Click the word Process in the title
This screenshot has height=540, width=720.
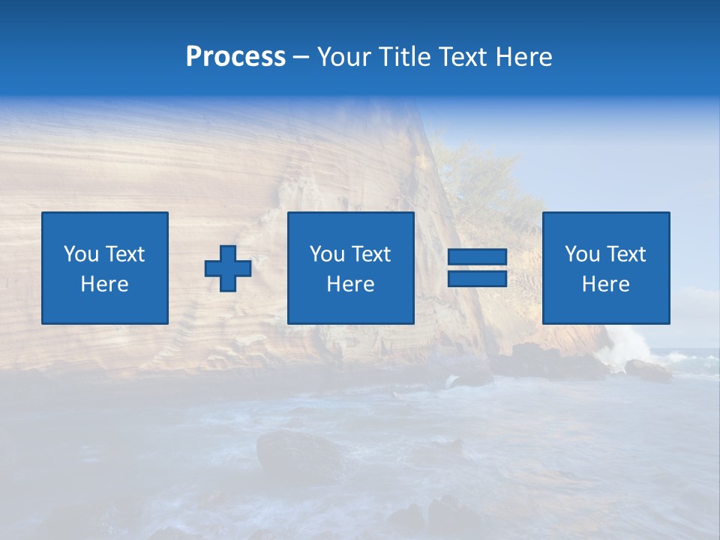coord(235,57)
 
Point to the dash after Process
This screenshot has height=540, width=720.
coord(301,58)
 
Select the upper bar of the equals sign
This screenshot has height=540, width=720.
coord(477,258)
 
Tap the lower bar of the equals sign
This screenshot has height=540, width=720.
coord(477,278)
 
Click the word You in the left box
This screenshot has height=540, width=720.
coord(81,254)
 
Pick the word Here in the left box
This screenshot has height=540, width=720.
coord(104,284)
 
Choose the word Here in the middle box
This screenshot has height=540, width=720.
coord(350,284)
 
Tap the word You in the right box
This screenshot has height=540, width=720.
coord(582,254)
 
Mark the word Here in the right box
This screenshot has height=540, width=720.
coord(605,284)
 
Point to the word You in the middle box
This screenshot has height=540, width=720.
coord(327,254)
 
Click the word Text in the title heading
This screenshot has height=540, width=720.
coord(465,57)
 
